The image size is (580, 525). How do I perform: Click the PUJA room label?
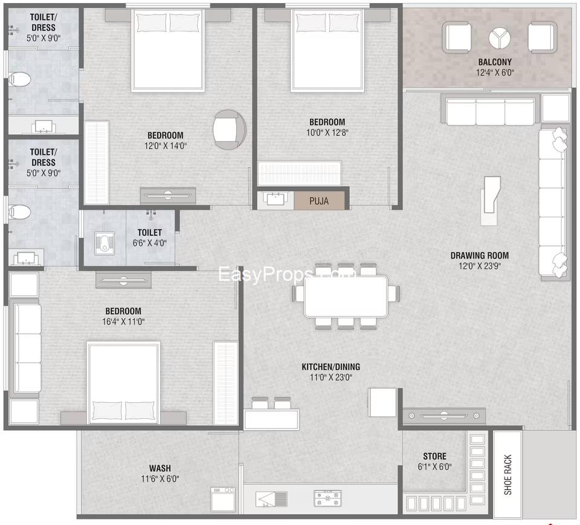319,201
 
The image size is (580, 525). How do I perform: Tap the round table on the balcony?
500,37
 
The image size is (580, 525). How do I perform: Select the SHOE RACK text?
507,475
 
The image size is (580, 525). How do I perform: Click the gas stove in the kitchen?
327,498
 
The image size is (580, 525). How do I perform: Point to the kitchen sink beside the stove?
271,499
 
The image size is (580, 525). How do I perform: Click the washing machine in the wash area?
223,499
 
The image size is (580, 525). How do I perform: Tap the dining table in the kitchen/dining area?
346,297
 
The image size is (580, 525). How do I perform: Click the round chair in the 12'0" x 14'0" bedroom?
230,129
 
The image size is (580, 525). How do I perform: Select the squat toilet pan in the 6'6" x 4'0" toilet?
104,243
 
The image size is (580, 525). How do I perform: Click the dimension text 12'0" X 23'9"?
479,266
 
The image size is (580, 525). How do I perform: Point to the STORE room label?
434,456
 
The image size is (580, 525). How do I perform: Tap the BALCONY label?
495,62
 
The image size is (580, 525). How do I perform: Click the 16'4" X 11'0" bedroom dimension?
123,321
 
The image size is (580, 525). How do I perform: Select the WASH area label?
159,468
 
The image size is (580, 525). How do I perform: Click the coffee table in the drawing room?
490,200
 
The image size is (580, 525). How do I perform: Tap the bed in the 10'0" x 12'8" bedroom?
327,50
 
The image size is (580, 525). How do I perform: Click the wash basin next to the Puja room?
275,198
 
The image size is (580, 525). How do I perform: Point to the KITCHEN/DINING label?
330,367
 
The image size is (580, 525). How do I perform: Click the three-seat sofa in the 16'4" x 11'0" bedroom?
27,348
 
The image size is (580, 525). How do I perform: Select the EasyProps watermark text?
286,274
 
